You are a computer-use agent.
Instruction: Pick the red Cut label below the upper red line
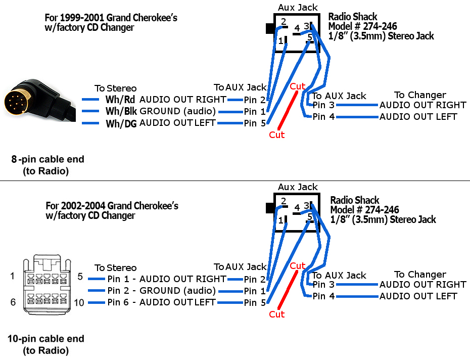click(276, 134)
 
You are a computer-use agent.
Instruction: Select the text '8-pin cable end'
click(48, 159)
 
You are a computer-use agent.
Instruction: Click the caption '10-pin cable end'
click(46, 339)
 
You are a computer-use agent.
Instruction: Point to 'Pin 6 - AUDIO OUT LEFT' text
click(161, 302)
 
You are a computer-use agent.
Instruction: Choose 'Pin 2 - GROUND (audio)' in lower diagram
click(161, 291)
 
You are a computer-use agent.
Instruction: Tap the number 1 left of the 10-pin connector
click(13, 276)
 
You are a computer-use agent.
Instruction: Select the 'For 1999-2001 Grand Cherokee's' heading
click(111, 18)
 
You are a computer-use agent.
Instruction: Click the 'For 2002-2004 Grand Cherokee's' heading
click(112, 206)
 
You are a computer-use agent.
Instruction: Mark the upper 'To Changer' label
click(420, 95)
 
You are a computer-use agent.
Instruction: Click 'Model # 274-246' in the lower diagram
click(364, 209)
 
